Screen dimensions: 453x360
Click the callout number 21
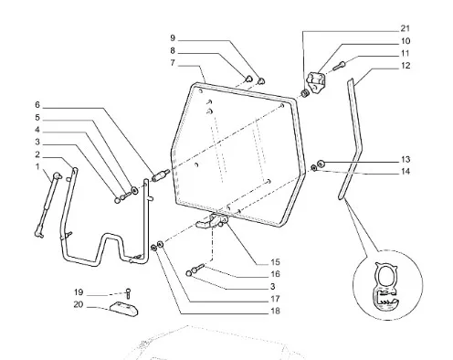click(x=405, y=28)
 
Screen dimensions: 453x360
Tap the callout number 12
click(x=406, y=66)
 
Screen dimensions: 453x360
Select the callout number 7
click(x=173, y=63)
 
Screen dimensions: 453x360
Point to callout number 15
click(x=275, y=262)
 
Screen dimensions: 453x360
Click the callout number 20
click(x=79, y=304)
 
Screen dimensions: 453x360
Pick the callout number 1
click(x=37, y=167)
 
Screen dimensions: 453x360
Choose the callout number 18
click(x=275, y=311)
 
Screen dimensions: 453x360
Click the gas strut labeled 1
click(x=47, y=205)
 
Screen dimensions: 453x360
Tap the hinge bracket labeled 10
click(x=317, y=82)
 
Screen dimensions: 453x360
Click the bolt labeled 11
click(x=340, y=66)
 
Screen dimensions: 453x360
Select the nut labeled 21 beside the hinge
click(x=305, y=93)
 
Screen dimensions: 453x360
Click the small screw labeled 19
click(x=128, y=293)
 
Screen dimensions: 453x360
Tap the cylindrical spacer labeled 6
click(x=161, y=176)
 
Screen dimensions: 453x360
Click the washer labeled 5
click(x=134, y=191)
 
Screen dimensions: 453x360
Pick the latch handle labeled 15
click(x=213, y=221)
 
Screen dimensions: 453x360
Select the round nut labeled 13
click(x=321, y=164)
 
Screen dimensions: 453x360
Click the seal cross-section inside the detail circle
click(x=386, y=287)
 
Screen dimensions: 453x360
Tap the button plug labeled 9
click(x=261, y=81)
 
